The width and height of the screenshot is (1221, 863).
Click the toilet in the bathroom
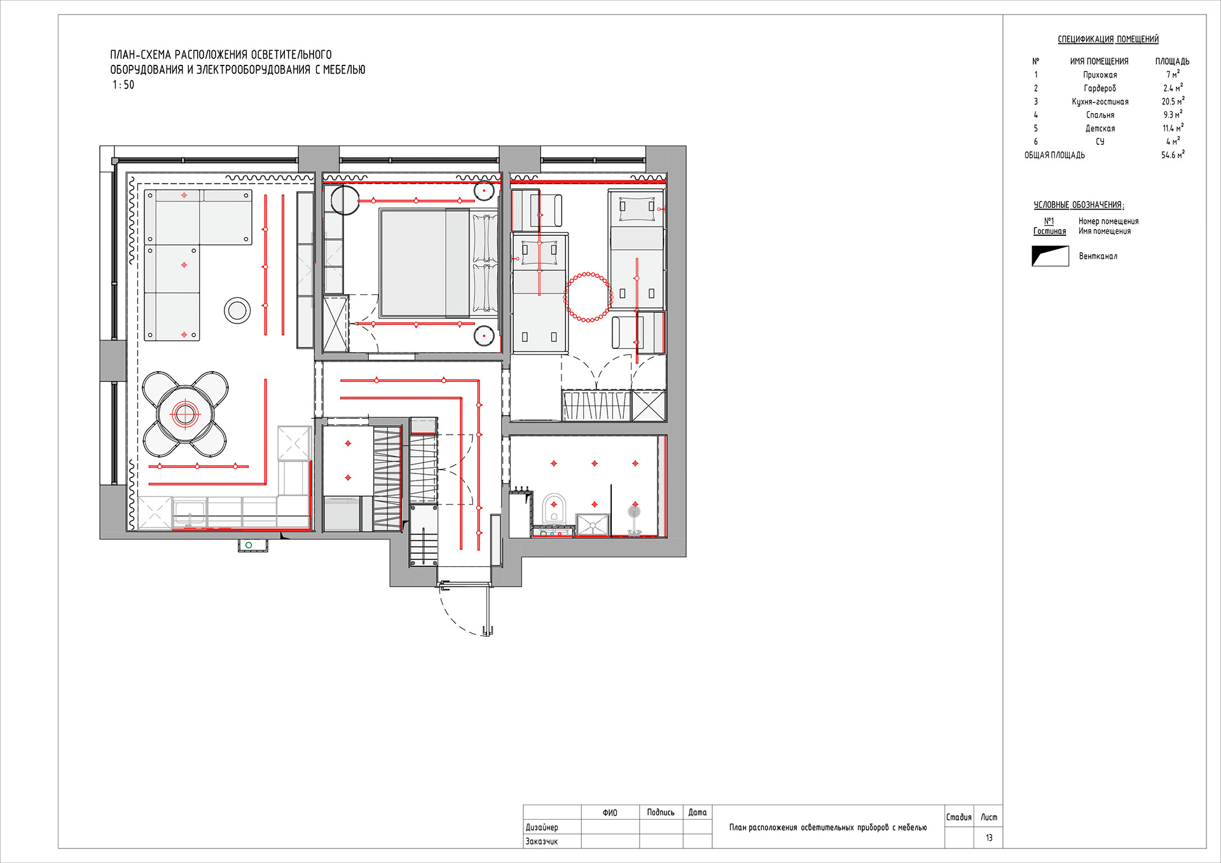554,508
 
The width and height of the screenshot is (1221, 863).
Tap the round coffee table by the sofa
237,310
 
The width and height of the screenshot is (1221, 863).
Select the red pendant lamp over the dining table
185,414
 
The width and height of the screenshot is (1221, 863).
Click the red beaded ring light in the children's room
588,297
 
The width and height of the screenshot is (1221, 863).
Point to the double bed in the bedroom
439,263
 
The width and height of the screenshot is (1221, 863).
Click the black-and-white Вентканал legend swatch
1050,256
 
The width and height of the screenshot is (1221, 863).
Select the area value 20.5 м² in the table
1173,102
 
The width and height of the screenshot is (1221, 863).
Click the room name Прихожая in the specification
1100,75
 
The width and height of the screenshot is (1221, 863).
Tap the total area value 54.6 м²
1173,155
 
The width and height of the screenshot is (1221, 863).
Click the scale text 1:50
123,85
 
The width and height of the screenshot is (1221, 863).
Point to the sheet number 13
989,838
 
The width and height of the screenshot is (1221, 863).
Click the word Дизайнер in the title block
542,827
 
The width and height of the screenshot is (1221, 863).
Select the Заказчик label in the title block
541,841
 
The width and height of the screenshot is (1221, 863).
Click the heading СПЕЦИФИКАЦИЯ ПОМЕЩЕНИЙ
1108,39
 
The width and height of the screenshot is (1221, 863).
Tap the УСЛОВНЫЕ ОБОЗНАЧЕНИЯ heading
1079,205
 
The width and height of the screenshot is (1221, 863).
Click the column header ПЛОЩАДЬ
1172,62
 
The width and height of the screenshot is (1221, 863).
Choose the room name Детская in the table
1100,128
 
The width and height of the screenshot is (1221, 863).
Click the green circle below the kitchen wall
249,545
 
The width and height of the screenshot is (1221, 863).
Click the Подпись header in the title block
661,812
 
